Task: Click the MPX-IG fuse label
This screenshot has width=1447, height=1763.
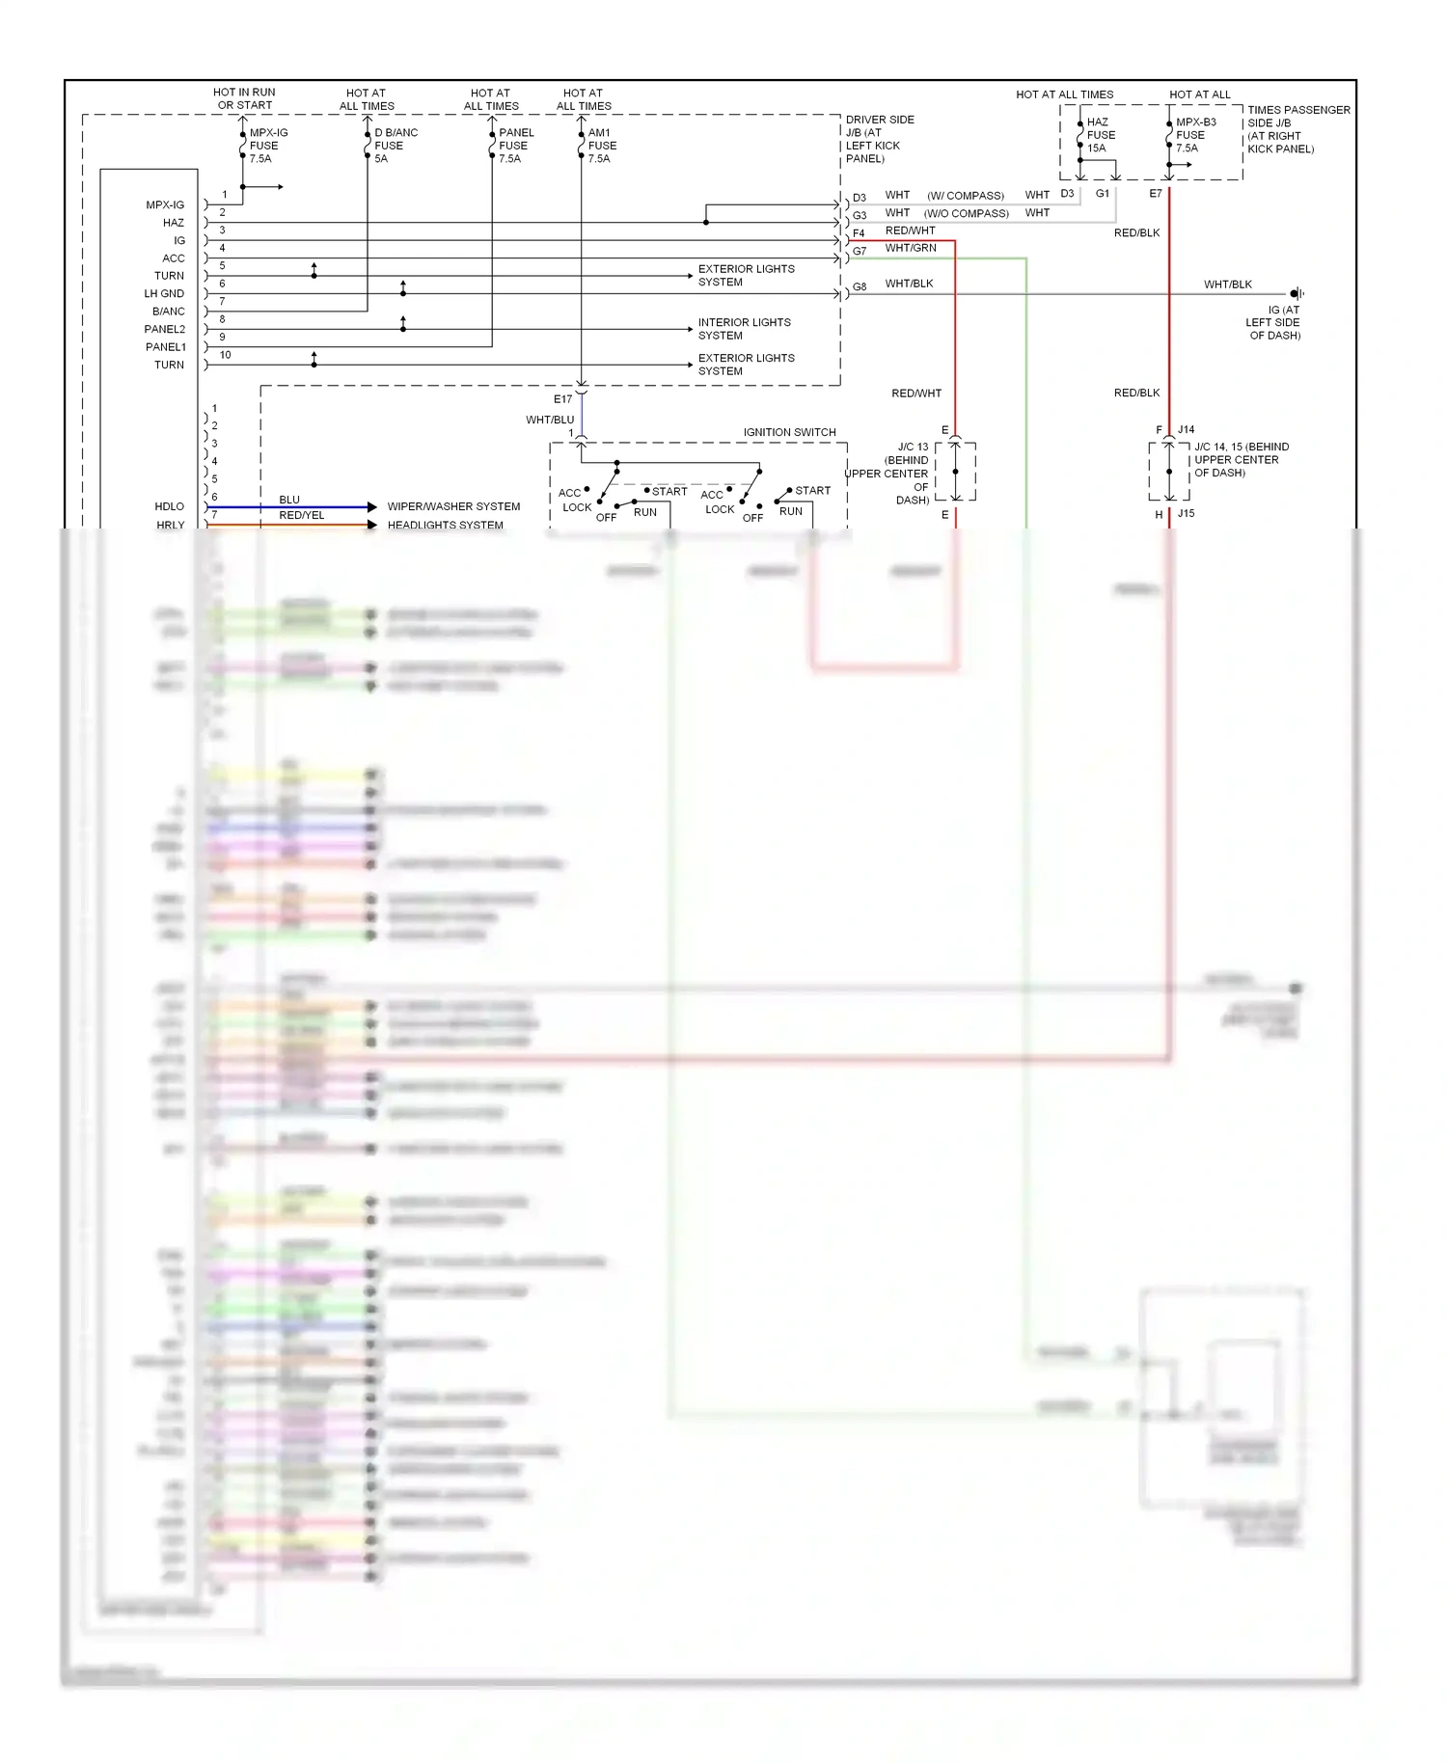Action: [x=267, y=146]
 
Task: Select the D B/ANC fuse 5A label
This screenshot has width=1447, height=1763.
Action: [x=396, y=146]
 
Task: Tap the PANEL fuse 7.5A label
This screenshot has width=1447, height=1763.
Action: [x=516, y=146]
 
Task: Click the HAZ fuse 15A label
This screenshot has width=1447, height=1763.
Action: [x=1101, y=135]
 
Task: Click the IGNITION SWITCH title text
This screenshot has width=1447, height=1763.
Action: [x=789, y=432]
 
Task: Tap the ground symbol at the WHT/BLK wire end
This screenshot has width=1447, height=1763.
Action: [x=1297, y=293]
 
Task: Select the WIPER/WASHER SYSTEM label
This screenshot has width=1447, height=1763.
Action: [x=453, y=506]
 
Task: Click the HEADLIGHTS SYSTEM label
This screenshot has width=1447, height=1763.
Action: [x=445, y=526]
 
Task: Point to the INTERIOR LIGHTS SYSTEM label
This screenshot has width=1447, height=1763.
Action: [x=744, y=329]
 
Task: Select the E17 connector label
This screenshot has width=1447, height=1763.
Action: [x=562, y=399]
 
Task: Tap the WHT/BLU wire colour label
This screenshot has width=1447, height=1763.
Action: [x=550, y=420]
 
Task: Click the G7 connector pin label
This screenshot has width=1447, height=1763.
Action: [x=860, y=251]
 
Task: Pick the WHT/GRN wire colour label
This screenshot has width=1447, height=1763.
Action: [x=911, y=248]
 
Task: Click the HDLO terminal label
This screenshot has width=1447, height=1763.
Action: [x=169, y=506]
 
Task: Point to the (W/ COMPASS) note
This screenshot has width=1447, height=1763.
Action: [x=966, y=196]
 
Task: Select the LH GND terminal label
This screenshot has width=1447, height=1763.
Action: [x=164, y=293]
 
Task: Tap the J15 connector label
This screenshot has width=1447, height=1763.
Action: [x=1186, y=513]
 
